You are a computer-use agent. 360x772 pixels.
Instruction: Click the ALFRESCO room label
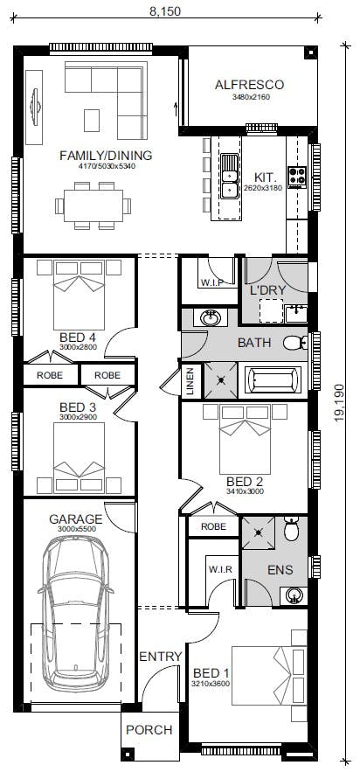coord(249,85)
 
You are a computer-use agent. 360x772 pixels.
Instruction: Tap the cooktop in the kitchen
coord(297,177)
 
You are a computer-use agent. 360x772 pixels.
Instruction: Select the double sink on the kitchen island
coord(229,177)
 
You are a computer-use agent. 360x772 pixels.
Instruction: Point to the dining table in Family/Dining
coord(93,205)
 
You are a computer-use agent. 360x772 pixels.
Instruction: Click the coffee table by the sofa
coord(92,120)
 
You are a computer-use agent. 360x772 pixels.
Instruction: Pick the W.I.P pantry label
coord(212,282)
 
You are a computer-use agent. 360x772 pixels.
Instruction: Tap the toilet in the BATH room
coord(295,343)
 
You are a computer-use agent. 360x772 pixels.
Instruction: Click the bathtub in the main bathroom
coord(273,381)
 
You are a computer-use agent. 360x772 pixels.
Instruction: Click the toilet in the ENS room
coord(291,529)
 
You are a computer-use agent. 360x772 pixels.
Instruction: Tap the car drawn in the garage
coord(76,614)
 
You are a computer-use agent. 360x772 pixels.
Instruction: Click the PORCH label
coord(149,730)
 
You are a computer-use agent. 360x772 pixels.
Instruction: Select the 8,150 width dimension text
coord(165,11)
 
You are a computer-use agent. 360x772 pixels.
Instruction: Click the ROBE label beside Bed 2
coord(214,526)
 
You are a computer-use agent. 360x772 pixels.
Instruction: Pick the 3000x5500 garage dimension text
coord(75,529)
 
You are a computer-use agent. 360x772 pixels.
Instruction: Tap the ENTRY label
coord(161,657)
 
